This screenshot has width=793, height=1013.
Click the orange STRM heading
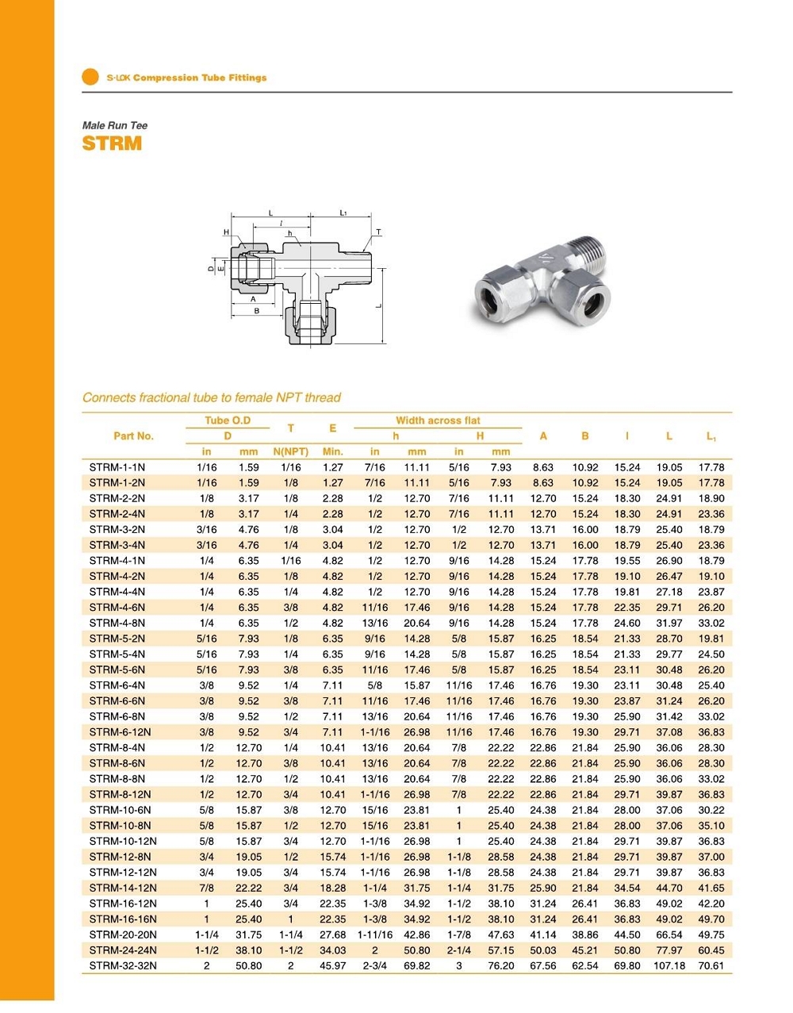[x=112, y=144]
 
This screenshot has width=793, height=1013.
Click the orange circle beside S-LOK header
[x=90, y=77]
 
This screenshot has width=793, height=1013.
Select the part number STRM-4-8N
[x=117, y=623]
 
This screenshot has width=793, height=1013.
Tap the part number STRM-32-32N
[x=123, y=965]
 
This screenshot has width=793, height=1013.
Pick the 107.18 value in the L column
[x=668, y=965]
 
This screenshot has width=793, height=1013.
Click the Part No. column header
[x=133, y=436]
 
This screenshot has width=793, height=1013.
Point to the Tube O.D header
[x=228, y=420]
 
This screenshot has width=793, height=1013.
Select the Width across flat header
[x=438, y=420]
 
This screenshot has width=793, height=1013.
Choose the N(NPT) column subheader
[x=290, y=451]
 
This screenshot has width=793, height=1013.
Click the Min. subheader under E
[x=333, y=451]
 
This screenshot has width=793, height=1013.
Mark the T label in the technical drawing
[x=378, y=232]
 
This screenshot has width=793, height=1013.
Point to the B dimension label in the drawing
[x=257, y=311]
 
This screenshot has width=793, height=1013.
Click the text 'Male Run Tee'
[x=115, y=125]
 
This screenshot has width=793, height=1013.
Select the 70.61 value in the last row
[x=711, y=965]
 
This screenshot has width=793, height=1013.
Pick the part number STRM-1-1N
[x=117, y=467]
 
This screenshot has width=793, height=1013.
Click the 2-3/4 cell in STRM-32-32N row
[x=375, y=965]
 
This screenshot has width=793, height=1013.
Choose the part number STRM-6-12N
[x=120, y=732]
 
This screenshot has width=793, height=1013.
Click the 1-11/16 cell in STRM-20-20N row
[x=375, y=934]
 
